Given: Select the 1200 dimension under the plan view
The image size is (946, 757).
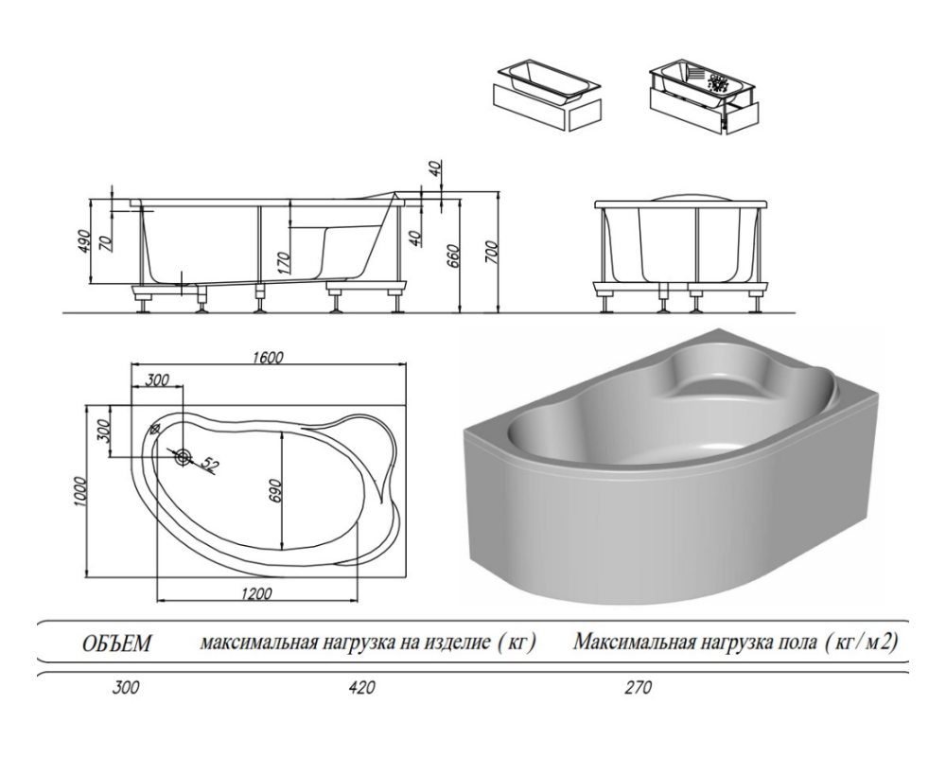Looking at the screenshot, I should click(258, 593).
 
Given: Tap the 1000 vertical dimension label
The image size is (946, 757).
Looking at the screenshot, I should click(82, 489).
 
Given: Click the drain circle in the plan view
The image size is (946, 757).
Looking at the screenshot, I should click(183, 457).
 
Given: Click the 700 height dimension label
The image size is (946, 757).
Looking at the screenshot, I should click(492, 250).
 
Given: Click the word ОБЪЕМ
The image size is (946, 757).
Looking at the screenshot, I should click(116, 644).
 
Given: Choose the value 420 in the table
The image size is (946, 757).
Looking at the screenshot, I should click(363, 688).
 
